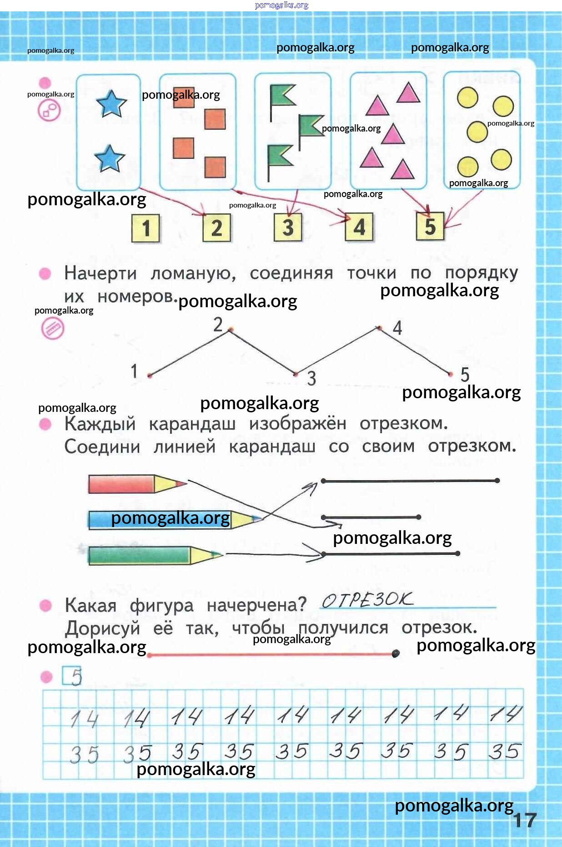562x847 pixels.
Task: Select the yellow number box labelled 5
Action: [x=430, y=226]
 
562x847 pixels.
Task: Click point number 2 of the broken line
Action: [x=231, y=330]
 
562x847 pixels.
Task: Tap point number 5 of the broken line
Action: [x=451, y=375]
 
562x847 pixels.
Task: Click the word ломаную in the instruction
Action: [x=193, y=274]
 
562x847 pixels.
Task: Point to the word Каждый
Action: [x=100, y=424]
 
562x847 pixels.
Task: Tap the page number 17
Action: [x=525, y=821]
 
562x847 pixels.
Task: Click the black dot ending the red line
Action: [x=396, y=654]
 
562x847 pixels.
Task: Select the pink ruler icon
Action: [x=53, y=328]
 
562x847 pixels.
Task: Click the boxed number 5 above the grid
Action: [x=72, y=676]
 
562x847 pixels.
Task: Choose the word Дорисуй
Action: [x=102, y=629]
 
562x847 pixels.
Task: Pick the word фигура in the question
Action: [x=161, y=606]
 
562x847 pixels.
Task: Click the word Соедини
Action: [x=102, y=446]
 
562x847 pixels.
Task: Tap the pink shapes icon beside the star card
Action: [x=49, y=110]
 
